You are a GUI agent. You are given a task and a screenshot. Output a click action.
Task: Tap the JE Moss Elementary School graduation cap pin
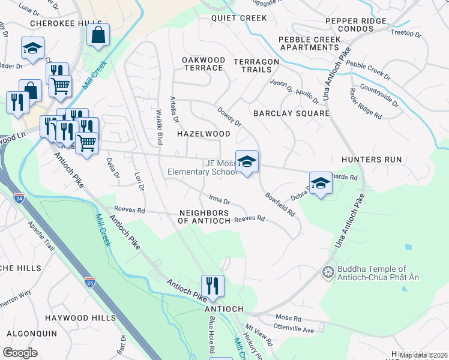pyautogui.click(x=247, y=162)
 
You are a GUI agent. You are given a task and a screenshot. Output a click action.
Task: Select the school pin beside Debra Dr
pyautogui.click(x=321, y=184)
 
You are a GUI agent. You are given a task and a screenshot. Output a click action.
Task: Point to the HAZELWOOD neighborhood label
pyautogui.click(x=203, y=134)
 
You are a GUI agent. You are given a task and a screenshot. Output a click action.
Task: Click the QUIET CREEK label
pyautogui.click(x=238, y=18)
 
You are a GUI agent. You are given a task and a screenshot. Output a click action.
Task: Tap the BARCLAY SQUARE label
pyautogui.click(x=291, y=113)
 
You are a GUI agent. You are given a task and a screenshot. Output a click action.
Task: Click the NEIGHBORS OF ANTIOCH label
pyautogui.click(x=204, y=217)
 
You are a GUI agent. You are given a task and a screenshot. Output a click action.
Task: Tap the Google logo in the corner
pyautogui.click(x=20, y=353)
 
